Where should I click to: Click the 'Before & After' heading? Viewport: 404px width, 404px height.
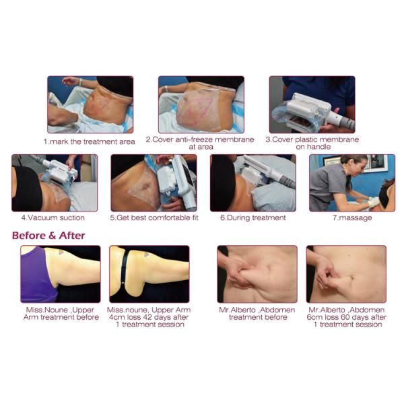(48, 236)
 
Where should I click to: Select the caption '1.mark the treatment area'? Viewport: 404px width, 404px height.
(89, 141)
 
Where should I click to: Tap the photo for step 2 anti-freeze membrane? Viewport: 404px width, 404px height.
(201, 104)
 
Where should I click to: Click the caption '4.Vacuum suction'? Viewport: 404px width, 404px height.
(53, 217)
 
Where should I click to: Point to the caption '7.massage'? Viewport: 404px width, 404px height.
(352, 218)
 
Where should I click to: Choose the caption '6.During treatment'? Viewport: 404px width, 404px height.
(253, 217)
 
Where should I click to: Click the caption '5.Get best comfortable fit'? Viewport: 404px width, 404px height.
(154, 218)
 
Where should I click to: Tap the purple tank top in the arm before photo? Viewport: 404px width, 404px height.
(38, 275)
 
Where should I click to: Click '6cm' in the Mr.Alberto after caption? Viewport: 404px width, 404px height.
(314, 317)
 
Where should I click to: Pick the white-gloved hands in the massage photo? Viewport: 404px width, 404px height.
(373, 202)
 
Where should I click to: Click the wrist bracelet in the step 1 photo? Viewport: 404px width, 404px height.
(81, 82)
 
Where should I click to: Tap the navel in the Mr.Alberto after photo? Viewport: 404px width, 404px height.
(352, 277)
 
